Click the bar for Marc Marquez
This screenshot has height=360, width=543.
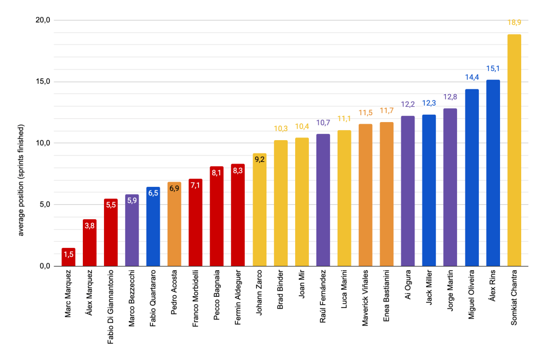point(68,257)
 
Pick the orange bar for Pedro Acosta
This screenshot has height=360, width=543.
point(175,224)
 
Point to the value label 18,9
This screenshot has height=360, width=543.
point(514,23)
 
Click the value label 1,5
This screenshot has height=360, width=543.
point(68,255)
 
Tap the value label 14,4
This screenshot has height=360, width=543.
point(471,78)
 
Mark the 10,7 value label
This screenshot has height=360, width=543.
point(323,123)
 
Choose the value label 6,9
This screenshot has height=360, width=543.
point(175,189)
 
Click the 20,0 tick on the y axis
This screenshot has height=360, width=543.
point(42,20)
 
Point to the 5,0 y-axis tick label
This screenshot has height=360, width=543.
point(44,204)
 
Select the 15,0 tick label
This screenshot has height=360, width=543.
point(42,82)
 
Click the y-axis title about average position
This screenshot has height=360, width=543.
point(21,181)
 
